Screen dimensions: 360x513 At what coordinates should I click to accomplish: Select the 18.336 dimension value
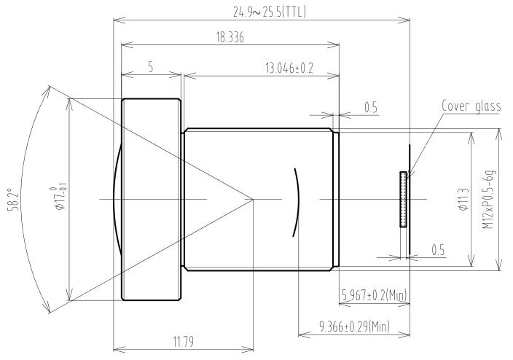(x=230, y=37)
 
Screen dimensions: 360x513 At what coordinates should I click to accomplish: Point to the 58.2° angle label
(x=10, y=199)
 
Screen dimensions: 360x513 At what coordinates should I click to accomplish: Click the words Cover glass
(x=471, y=106)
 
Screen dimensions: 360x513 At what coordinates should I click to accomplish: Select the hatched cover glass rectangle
(x=403, y=199)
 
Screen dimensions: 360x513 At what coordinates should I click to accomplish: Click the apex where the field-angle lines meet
(x=252, y=199)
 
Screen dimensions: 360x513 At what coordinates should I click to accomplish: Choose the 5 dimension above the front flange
(x=150, y=66)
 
